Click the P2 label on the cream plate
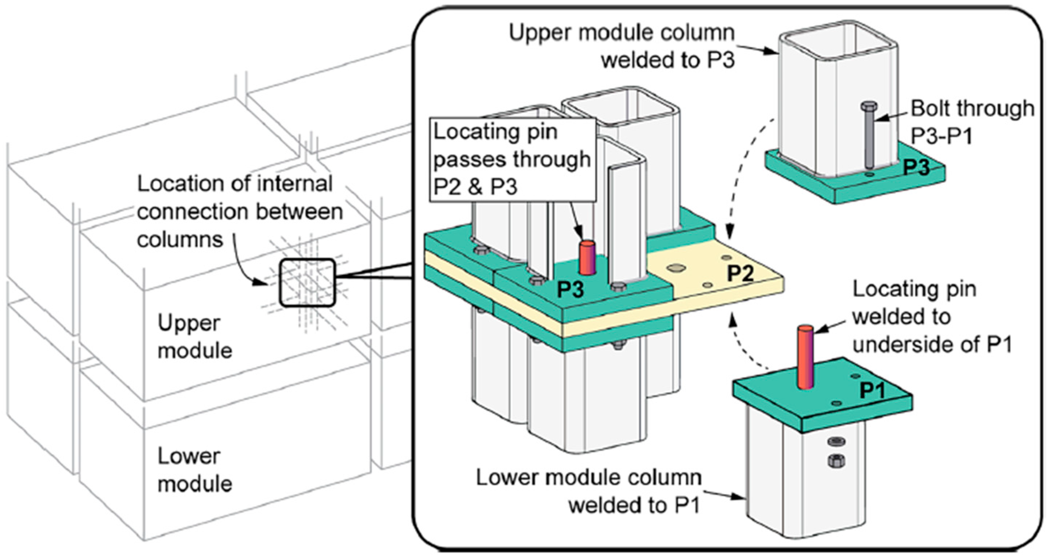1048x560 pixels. (x=740, y=273)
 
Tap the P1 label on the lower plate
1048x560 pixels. (x=873, y=391)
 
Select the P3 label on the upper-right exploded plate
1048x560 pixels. (x=916, y=167)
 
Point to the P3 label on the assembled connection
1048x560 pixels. (x=570, y=289)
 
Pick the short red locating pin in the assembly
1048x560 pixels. (x=587, y=257)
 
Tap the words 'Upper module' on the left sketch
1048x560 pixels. (x=195, y=337)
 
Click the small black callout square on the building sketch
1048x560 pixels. (x=307, y=282)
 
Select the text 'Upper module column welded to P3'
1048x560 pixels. (x=622, y=47)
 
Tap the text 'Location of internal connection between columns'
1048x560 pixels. (x=240, y=211)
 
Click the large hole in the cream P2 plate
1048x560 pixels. (x=676, y=268)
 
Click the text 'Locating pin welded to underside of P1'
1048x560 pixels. (x=932, y=317)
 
